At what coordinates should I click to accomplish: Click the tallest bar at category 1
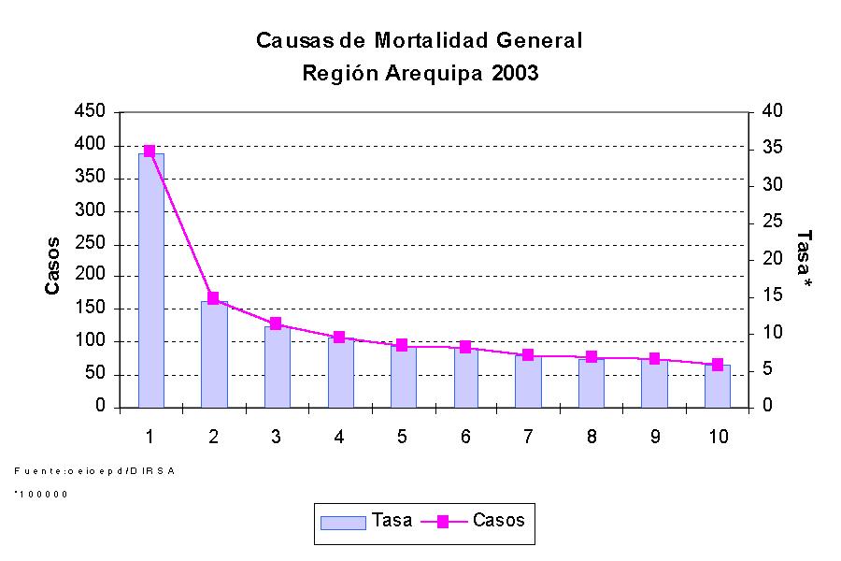tap(150, 280)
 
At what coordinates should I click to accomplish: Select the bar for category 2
tap(214, 355)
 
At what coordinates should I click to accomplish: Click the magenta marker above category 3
tap(276, 324)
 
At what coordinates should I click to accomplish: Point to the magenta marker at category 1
tap(150, 151)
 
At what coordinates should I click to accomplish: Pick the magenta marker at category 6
tap(465, 347)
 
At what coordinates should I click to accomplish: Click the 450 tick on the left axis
tap(91, 112)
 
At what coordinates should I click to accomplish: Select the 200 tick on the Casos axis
tap(91, 277)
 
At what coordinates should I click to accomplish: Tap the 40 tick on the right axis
tap(770, 112)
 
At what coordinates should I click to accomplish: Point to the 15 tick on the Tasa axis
tap(770, 296)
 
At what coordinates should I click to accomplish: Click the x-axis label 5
tap(402, 437)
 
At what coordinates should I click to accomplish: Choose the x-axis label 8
tap(592, 437)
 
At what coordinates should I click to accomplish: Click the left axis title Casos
tap(53, 266)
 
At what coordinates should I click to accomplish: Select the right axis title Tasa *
tap(803, 257)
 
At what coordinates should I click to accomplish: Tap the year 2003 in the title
tap(512, 74)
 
